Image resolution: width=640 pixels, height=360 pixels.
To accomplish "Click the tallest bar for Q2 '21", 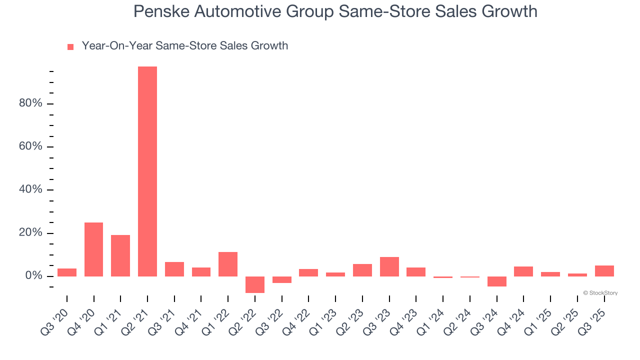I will pyautogui.click(x=147, y=171).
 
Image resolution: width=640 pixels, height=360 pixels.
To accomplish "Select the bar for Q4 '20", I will pyautogui.click(x=93, y=249).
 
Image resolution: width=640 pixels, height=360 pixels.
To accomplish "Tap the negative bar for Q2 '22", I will pyautogui.click(x=255, y=284).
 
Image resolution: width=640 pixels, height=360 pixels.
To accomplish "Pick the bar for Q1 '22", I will pyautogui.click(x=228, y=264).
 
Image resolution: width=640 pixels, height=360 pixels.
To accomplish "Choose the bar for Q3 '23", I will pyautogui.click(x=389, y=266).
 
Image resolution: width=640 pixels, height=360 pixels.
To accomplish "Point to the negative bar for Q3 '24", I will pyautogui.click(x=497, y=281).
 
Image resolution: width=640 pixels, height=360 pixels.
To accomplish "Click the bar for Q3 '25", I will pyautogui.click(x=604, y=271).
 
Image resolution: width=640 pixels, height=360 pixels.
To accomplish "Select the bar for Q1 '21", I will pyautogui.click(x=120, y=255).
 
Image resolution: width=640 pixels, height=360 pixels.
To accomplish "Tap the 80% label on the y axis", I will pyautogui.click(x=30, y=103).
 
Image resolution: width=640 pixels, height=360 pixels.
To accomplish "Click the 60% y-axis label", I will pyautogui.click(x=30, y=147).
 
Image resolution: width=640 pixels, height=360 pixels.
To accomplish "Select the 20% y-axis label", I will pyautogui.click(x=30, y=233).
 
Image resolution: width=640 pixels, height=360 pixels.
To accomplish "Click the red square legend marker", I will pyautogui.click(x=70, y=46).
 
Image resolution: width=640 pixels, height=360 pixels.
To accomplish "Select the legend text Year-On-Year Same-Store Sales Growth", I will pyautogui.click(x=185, y=46).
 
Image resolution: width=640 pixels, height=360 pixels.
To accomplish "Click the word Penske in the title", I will pyautogui.click(x=160, y=11).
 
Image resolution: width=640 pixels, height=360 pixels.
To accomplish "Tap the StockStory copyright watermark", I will pyautogui.click(x=600, y=293).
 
